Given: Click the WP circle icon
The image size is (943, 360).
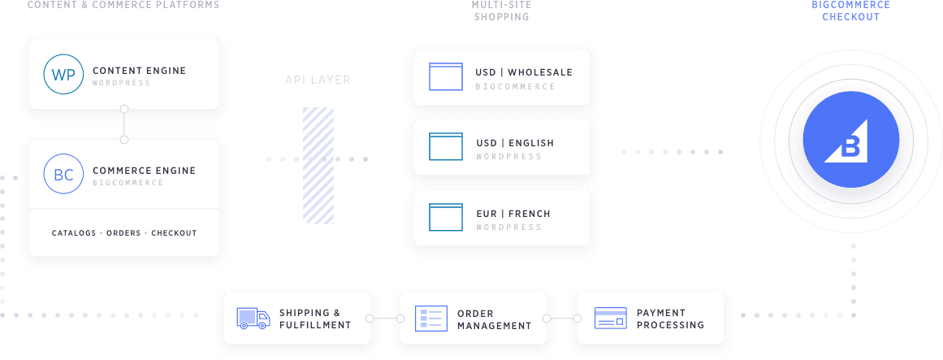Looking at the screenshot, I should (x=63, y=74).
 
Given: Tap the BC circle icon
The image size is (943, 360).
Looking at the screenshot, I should (x=63, y=175).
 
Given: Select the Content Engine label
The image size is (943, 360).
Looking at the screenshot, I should (x=139, y=71).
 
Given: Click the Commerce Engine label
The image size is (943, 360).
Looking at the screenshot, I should (x=144, y=171).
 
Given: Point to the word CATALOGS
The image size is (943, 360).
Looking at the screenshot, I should (x=74, y=233).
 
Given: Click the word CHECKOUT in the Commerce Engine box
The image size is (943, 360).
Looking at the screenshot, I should (x=174, y=233).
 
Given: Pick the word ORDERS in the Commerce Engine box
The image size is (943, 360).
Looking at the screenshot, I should (x=123, y=233).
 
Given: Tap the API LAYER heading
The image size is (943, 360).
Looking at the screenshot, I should (x=318, y=80).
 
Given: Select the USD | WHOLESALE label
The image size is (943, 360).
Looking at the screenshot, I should (x=524, y=72).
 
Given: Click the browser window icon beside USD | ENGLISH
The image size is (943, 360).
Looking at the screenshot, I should (x=445, y=147).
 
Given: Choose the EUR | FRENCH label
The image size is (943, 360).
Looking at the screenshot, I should (x=513, y=214).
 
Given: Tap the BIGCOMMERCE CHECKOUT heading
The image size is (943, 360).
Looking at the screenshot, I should (x=850, y=11).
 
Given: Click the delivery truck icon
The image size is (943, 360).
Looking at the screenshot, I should (x=253, y=318).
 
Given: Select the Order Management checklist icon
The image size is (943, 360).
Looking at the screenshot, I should (x=431, y=318).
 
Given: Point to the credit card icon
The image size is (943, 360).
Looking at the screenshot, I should (x=610, y=318).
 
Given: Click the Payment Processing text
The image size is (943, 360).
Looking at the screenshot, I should (x=670, y=319).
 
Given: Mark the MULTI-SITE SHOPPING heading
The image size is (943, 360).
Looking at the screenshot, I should (x=501, y=11).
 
